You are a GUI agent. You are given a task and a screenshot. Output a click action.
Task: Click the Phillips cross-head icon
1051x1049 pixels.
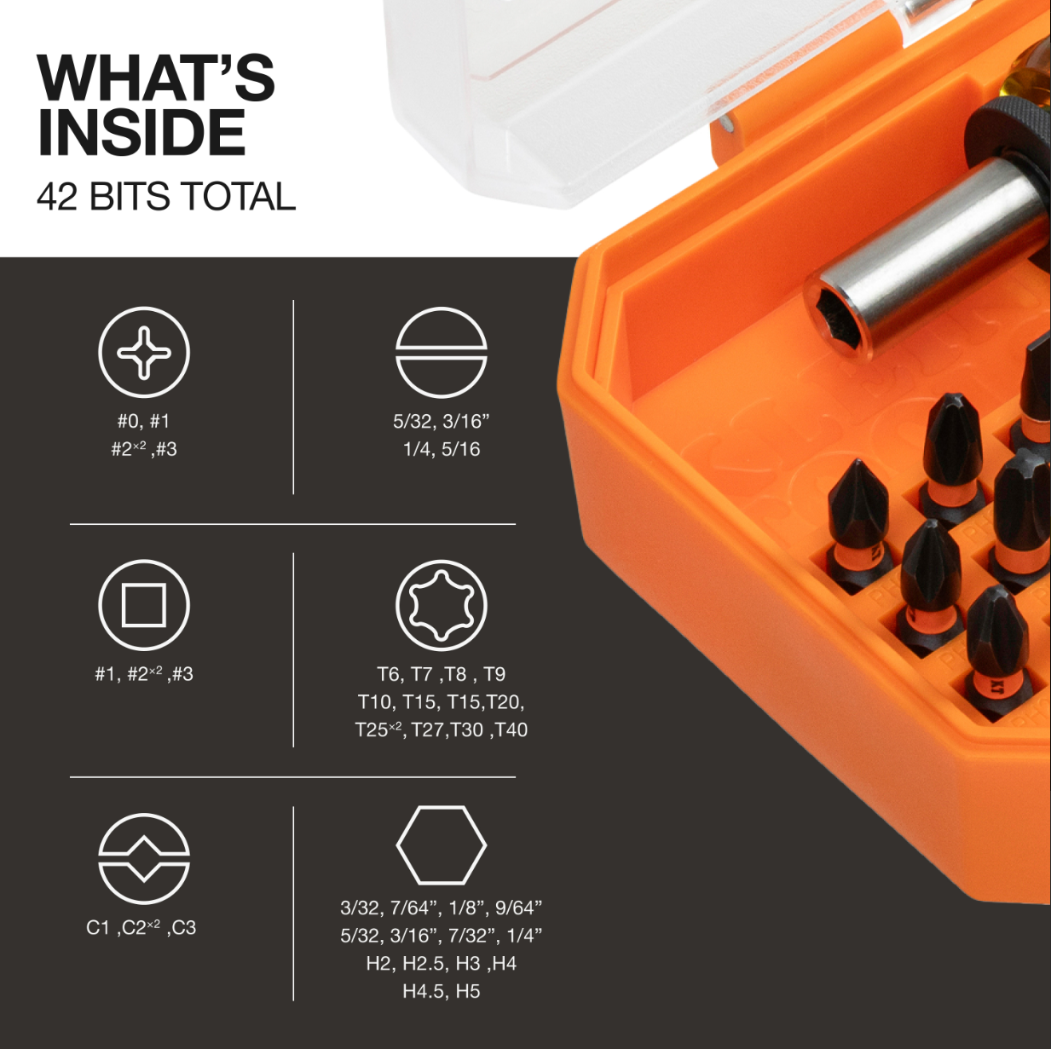[144, 352]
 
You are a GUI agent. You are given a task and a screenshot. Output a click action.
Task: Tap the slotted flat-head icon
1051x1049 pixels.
[441, 352]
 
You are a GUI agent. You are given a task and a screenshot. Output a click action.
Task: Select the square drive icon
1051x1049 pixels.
[144, 605]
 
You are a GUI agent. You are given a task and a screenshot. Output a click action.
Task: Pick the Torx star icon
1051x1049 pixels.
[441, 605]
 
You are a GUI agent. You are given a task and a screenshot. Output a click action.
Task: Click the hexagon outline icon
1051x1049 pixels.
[441, 844]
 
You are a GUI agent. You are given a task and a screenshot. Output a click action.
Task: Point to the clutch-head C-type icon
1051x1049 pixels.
[144, 858]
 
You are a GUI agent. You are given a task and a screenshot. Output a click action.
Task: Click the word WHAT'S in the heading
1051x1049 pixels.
[156, 78]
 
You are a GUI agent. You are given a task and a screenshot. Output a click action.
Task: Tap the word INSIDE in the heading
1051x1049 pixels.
[141, 133]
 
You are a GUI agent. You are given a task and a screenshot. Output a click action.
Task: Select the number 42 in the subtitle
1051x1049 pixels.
[57, 197]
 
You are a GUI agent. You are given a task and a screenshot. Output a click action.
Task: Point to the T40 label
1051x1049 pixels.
[511, 730]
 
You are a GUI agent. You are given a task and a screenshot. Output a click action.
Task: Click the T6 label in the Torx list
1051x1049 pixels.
[389, 675]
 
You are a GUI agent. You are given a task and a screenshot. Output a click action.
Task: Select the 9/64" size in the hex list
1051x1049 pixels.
[518, 908]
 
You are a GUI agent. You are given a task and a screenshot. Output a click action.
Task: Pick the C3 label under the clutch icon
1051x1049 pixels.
[183, 928]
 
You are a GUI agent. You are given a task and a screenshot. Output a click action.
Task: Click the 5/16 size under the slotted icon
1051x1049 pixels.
[461, 449]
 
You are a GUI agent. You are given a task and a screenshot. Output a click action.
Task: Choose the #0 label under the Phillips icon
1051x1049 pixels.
[129, 421]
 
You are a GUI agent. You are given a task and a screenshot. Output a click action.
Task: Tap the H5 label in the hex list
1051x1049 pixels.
[468, 992]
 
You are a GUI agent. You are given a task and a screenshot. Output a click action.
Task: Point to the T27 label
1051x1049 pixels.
[427, 730]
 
